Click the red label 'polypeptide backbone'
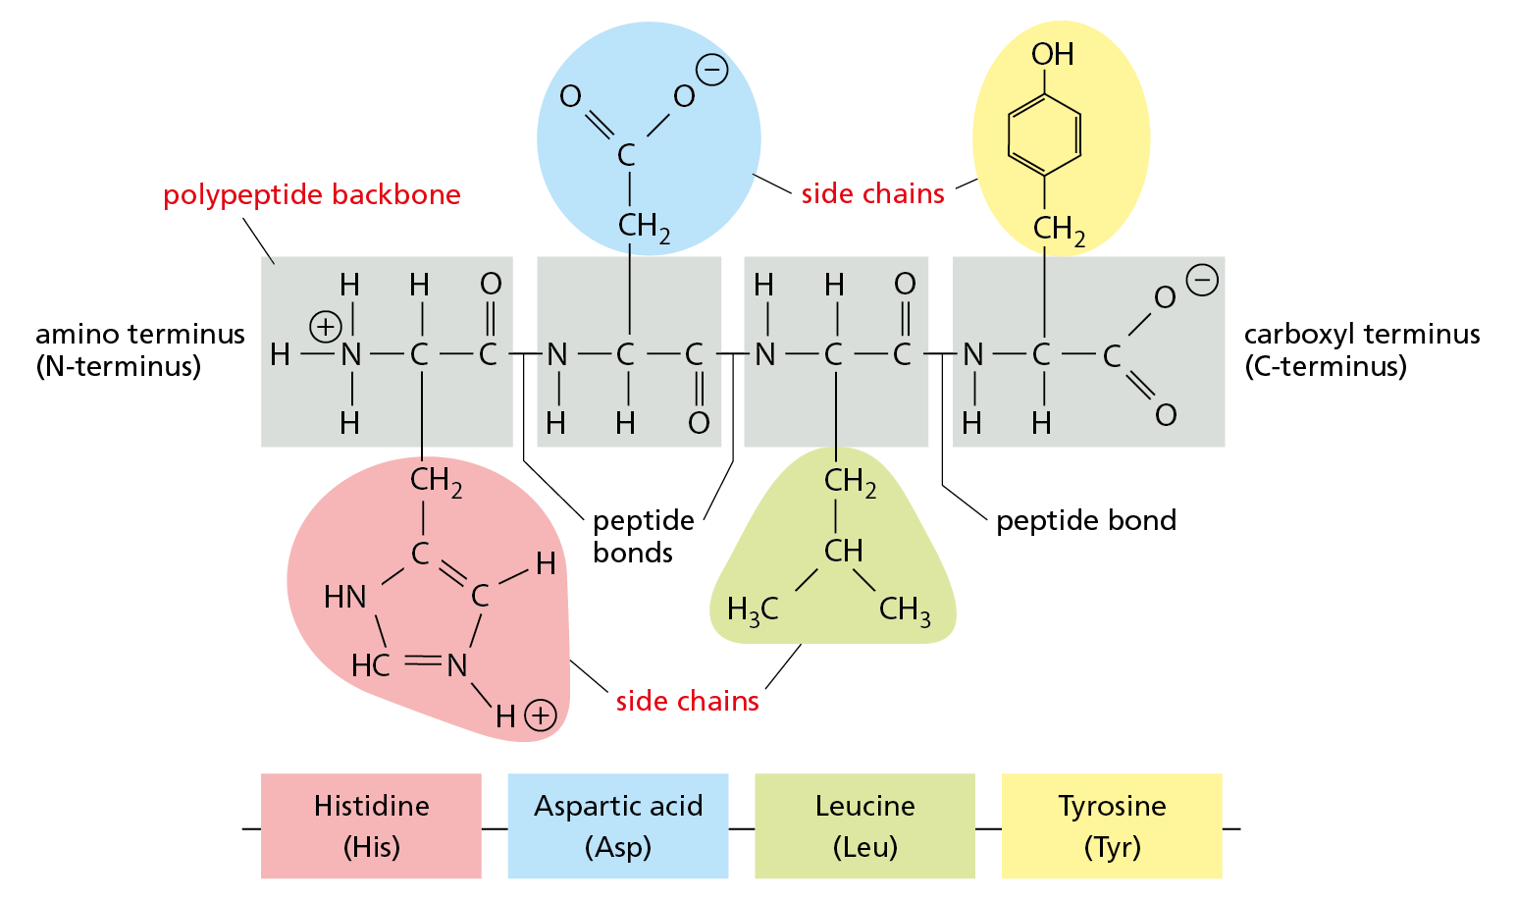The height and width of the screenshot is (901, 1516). click(311, 194)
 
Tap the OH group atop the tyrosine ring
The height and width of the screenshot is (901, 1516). click(1052, 54)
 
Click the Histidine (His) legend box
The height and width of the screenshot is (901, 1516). click(371, 825)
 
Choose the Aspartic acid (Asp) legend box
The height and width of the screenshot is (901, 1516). click(618, 825)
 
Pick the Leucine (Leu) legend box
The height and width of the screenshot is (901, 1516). click(864, 825)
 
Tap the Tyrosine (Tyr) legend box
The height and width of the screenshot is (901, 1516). click(1112, 825)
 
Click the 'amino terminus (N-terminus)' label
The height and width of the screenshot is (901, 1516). click(139, 349)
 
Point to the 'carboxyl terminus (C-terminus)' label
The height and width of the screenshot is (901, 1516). click(1361, 349)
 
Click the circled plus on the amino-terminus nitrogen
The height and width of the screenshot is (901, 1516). click(326, 326)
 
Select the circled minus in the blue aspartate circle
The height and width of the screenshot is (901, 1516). click(712, 71)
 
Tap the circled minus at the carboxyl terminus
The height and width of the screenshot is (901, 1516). click(1202, 280)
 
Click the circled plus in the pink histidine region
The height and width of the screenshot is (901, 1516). click(541, 715)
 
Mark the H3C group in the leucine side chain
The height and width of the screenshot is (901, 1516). click(752, 610)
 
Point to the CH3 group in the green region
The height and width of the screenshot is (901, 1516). click(904, 610)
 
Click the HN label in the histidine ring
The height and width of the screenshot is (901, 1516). click(345, 597)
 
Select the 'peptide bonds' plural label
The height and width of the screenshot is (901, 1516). click(643, 536)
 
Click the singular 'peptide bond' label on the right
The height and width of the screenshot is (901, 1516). click(1085, 520)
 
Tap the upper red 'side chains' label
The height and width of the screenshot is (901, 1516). click(872, 193)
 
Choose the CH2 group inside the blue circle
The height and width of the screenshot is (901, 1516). click(644, 228)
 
